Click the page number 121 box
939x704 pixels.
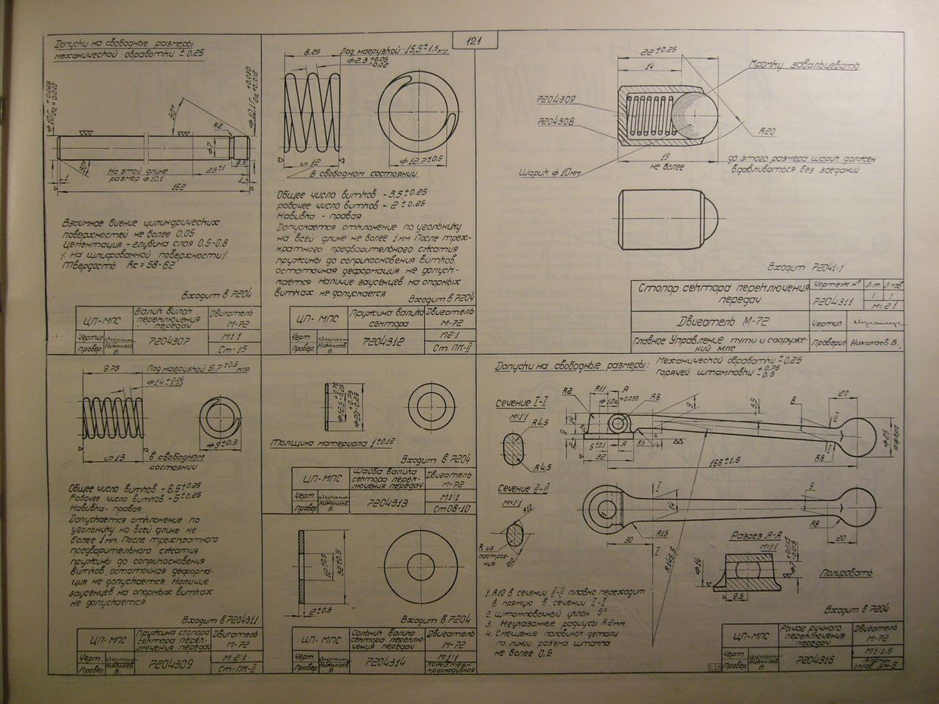pyautogui.click(x=476, y=42)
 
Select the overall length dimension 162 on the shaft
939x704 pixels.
pyautogui.click(x=155, y=187)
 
